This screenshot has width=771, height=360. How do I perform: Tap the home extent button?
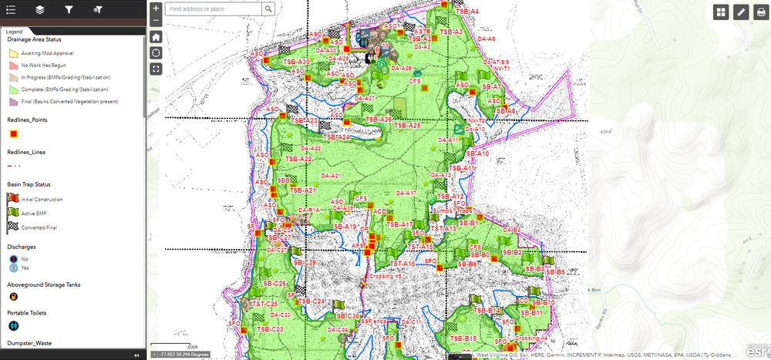157,37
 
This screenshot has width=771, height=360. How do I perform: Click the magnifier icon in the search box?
268,9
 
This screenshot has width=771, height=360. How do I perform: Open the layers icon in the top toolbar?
39,10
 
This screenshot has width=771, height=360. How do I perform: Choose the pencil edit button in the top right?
740,11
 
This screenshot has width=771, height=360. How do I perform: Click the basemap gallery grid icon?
721,11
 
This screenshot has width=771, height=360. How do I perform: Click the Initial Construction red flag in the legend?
12,199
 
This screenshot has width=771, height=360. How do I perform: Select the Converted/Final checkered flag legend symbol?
12,227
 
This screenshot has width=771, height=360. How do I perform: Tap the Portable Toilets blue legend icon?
12,326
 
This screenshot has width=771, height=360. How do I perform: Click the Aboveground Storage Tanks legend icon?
12,296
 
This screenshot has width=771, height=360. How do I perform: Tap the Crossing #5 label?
385,276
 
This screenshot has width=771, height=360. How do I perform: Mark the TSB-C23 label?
268,330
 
